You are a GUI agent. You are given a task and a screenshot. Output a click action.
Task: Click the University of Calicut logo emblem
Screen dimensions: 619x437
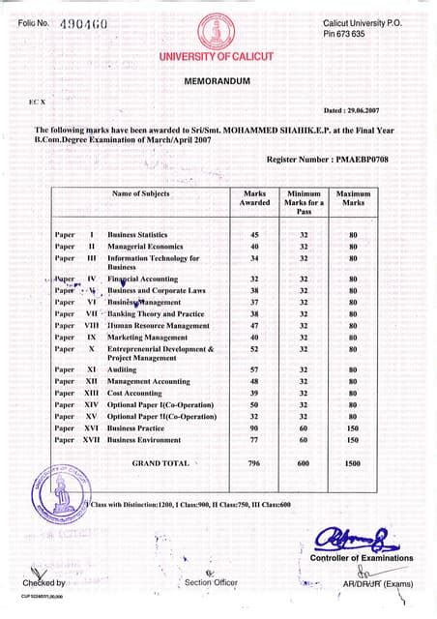point(217,33)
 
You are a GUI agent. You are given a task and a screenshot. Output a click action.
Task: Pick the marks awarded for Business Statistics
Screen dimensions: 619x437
point(255,235)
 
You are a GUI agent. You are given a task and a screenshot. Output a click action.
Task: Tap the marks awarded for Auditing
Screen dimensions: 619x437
point(255,369)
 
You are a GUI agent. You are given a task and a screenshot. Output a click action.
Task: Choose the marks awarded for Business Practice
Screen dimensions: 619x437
point(255,427)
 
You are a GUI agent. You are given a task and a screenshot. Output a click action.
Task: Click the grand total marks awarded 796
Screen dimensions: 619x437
point(254,464)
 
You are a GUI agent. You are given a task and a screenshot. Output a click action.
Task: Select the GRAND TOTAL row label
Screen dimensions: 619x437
point(160,464)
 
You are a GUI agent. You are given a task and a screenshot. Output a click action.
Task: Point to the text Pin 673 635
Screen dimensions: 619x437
point(345,34)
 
